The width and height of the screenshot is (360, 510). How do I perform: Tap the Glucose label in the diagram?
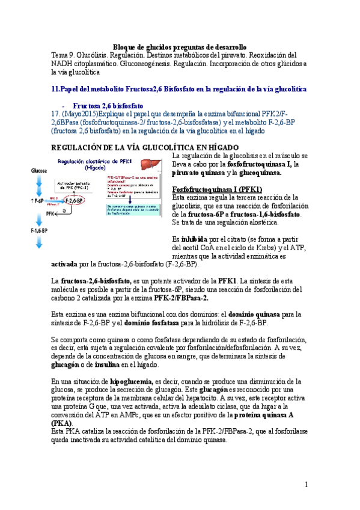click(40, 171)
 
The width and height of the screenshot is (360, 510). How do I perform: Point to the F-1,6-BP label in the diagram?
click(40, 230)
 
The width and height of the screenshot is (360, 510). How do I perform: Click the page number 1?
click(306, 484)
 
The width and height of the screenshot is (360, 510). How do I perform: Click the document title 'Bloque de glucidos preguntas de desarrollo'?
click(180, 47)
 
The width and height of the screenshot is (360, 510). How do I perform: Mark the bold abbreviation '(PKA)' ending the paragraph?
click(63, 423)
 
